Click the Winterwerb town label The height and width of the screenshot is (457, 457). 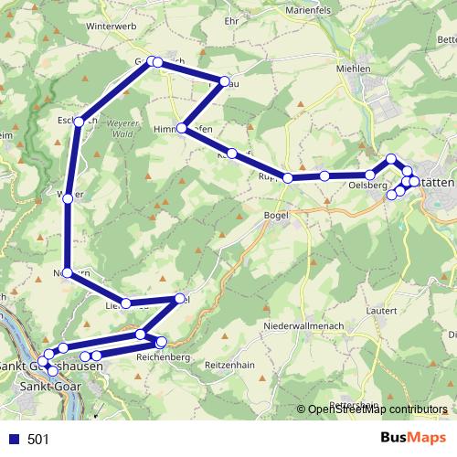coord(111,27)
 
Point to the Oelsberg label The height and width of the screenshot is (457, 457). coord(364,186)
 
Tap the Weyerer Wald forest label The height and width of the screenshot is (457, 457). coord(126,127)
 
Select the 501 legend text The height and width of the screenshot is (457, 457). coord(38,440)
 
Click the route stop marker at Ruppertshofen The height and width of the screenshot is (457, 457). coord(288,178)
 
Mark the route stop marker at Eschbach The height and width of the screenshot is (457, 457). coord(81,120)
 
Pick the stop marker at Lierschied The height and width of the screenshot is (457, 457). coord(126,303)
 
